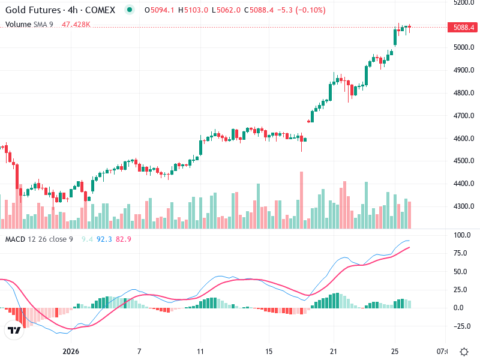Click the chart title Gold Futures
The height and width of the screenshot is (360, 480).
click(x=32, y=10)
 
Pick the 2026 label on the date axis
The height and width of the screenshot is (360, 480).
click(x=71, y=351)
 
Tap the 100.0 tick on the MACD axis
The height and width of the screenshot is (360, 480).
click(x=462, y=235)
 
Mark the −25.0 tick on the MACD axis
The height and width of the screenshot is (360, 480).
click(x=461, y=327)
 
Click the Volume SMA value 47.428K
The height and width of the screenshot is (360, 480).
click(x=76, y=25)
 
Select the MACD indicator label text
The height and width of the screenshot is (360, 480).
click(x=15, y=239)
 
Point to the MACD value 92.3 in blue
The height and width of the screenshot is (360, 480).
click(x=104, y=239)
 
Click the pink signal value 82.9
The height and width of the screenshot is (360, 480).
click(x=124, y=239)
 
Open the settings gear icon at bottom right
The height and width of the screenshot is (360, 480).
click(x=464, y=351)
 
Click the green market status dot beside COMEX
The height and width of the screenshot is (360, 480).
click(x=129, y=10)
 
